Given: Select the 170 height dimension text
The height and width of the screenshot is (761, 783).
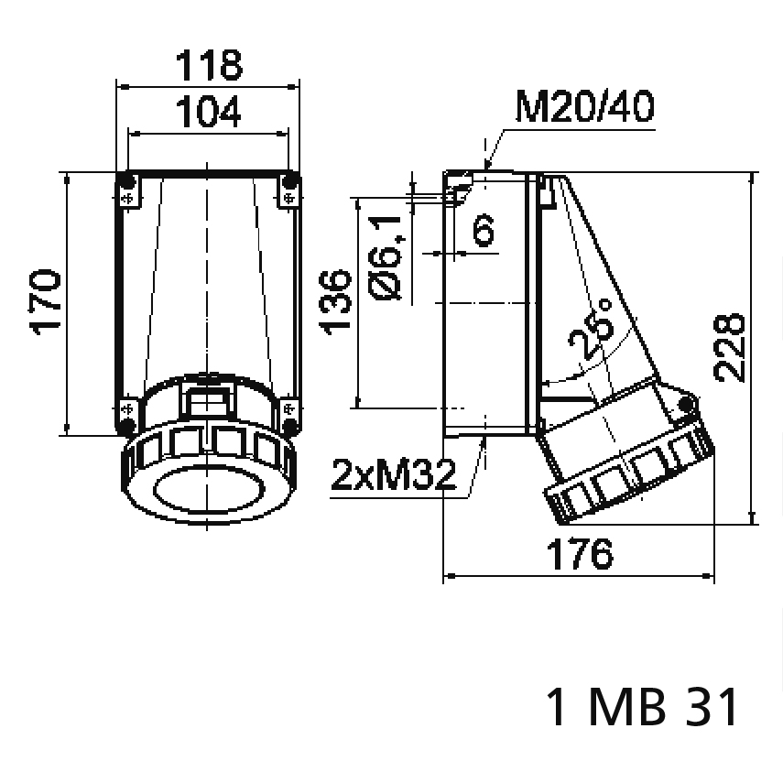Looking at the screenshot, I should click(x=46, y=301).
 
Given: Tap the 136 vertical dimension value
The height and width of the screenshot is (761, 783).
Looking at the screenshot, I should click(x=336, y=302).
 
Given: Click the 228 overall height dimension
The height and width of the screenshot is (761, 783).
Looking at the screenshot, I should click(x=730, y=347).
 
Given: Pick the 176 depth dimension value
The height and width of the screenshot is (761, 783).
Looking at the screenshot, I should click(x=577, y=553).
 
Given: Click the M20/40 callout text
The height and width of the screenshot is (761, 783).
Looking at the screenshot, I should click(x=584, y=109).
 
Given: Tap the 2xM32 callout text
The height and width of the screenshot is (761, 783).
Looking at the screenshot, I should click(x=393, y=476).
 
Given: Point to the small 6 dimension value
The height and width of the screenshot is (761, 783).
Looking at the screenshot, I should click(x=483, y=231).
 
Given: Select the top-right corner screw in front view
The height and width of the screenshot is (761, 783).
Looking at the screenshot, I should click(x=290, y=178).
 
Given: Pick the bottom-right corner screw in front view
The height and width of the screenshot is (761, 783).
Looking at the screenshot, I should click(x=290, y=426).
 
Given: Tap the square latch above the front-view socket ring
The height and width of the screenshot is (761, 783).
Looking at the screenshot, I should click(x=208, y=398).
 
